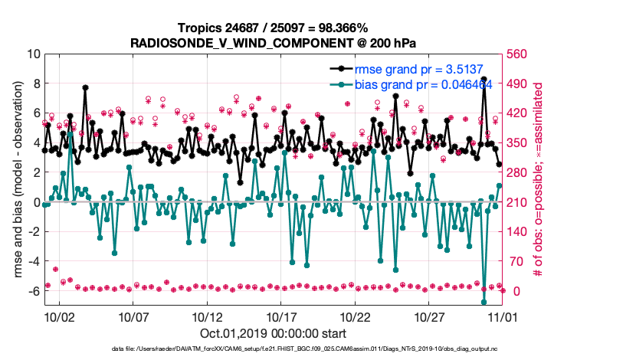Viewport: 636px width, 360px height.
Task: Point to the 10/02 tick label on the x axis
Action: click(x=59, y=316)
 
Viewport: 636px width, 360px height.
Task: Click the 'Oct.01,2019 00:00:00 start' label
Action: click(x=274, y=333)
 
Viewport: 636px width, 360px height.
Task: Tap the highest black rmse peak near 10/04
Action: click(x=85, y=87)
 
